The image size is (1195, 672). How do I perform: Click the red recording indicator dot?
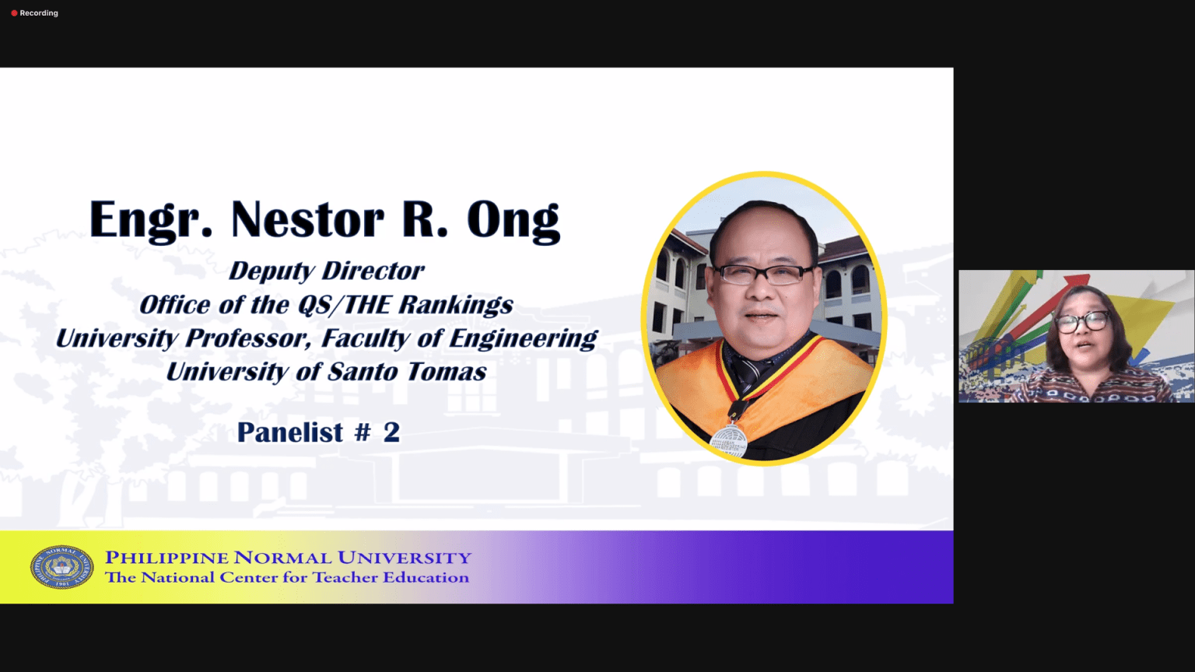coord(15,13)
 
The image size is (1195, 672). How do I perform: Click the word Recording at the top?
coord(39,13)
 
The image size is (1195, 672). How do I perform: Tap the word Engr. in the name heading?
coord(151,221)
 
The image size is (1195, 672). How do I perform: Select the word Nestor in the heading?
coord(307,220)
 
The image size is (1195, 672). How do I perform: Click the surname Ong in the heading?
coord(513,222)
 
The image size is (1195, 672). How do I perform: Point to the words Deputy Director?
coord(327,271)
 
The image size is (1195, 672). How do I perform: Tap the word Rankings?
coord(456,306)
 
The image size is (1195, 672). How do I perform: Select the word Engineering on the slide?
coord(524,339)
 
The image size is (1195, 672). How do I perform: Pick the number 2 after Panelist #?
coord(391,432)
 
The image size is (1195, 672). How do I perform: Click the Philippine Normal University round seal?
coord(62,567)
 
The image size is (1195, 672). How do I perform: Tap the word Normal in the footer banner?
coord(282,558)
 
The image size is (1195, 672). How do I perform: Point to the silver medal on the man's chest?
coord(729,440)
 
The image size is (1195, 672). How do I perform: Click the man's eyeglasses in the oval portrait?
coord(764,274)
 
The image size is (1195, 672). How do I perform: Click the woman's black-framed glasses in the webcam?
coord(1083,321)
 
